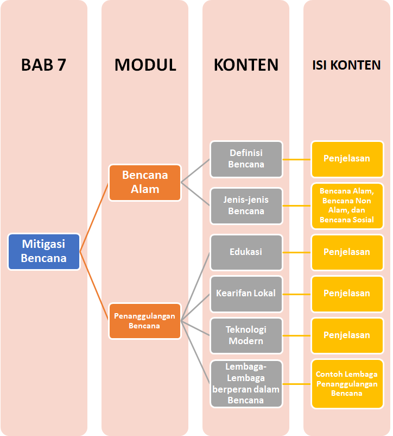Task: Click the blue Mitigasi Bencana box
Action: [x=44, y=252]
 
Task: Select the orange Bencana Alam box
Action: [x=145, y=183]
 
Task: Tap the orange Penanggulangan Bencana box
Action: [x=145, y=321]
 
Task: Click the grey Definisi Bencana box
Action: [x=246, y=159]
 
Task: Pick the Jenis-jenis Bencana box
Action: [x=246, y=205]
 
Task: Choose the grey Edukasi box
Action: [x=246, y=252]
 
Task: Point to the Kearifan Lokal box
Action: [x=246, y=294]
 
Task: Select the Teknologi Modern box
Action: [x=246, y=335]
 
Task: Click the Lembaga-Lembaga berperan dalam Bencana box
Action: [x=246, y=383]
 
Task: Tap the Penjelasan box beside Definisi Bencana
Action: [x=347, y=159]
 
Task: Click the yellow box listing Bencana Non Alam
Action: [x=347, y=205]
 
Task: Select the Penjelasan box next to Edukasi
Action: [x=347, y=252]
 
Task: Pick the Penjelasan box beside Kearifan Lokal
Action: [x=347, y=294]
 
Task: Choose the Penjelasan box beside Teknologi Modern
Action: [x=347, y=335]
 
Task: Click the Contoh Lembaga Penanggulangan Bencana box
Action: [x=347, y=383]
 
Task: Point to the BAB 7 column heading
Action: [x=43, y=65]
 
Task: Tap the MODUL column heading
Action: [x=145, y=65]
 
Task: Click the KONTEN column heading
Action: [x=246, y=65]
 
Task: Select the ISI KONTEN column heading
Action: [x=347, y=65]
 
